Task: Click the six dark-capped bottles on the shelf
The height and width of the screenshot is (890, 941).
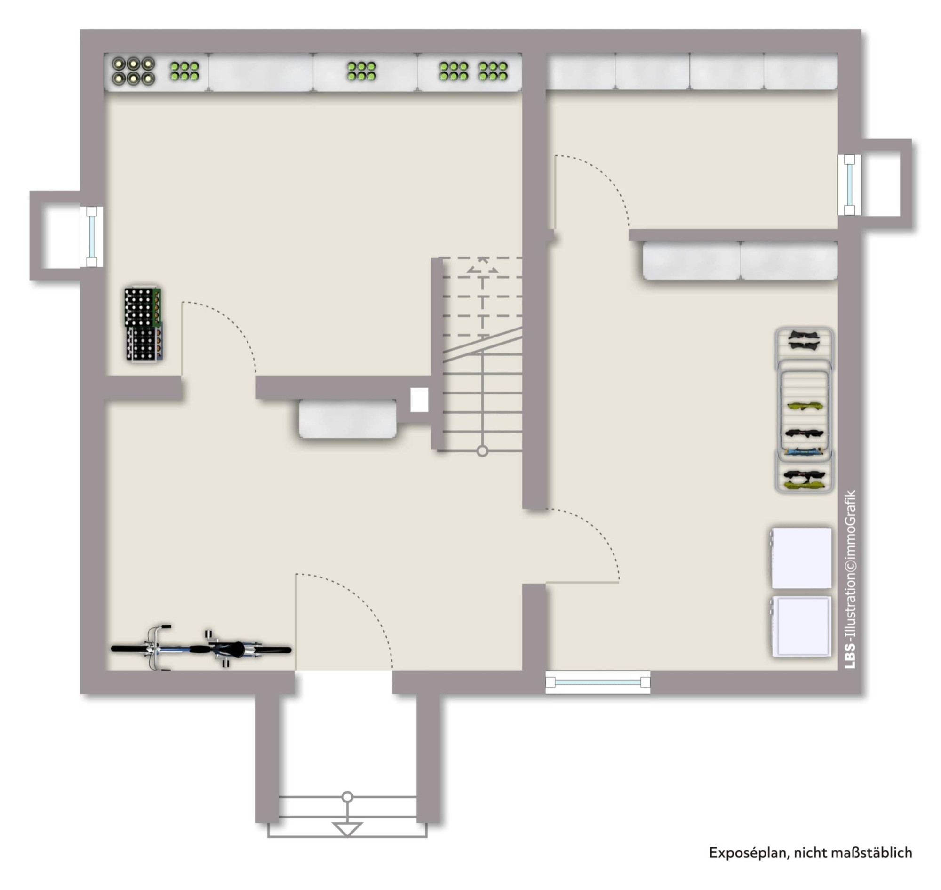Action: (x=133, y=71)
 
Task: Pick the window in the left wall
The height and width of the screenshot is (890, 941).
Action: (x=92, y=236)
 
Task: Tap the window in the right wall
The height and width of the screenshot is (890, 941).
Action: (x=849, y=184)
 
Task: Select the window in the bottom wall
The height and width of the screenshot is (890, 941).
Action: (x=598, y=682)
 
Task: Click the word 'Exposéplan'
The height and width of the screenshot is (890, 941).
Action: (x=748, y=852)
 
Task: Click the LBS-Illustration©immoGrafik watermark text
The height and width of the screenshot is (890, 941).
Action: (x=851, y=580)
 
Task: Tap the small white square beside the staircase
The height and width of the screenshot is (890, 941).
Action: (x=419, y=400)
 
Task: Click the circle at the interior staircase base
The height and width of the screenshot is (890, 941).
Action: (x=482, y=451)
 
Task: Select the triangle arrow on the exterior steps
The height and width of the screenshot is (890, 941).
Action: (x=347, y=829)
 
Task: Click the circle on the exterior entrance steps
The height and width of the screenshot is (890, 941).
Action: (x=347, y=797)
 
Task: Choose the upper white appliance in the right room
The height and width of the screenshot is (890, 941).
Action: (x=801, y=558)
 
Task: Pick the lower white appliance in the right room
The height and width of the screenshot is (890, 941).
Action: (x=801, y=627)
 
